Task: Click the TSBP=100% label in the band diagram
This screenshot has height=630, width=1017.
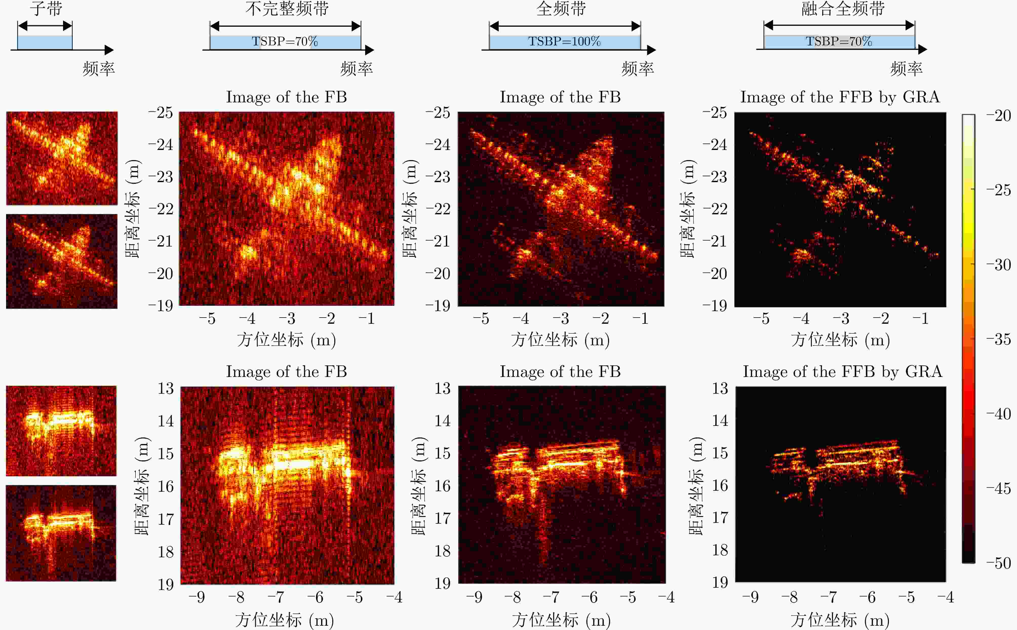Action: [x=564, y=41]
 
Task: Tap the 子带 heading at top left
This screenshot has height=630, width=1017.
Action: [x=46, y=8]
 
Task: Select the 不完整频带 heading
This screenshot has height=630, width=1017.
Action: [x=287, y=8]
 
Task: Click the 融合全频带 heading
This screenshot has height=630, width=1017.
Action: [x=843, y=8]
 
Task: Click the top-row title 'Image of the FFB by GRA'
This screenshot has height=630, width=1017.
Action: [x=839, y=97]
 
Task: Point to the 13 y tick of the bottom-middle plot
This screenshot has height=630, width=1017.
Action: [x=442, y=388]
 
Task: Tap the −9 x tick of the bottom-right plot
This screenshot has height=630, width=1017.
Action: [x=750, y=597]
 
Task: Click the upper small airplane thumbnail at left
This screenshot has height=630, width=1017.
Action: [x=62, y=158]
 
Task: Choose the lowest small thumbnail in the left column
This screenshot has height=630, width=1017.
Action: [x=61, y=533]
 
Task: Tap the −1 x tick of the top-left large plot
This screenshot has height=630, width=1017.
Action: [x=366, y=319]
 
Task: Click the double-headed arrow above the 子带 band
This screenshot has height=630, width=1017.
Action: [x=45, y=26]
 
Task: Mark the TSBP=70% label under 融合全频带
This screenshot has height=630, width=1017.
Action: [x=838, y=41]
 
